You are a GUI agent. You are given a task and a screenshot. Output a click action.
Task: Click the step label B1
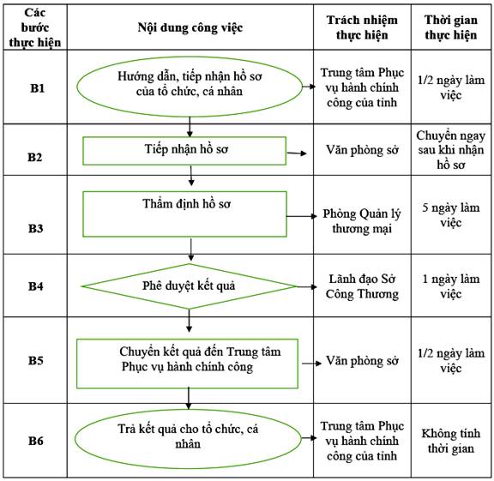point(37,88)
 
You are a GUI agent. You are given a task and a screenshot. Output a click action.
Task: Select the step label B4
point(36,286)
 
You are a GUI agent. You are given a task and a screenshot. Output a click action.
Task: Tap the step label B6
point(36,441)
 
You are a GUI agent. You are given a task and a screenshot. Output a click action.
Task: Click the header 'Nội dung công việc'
point(190,27)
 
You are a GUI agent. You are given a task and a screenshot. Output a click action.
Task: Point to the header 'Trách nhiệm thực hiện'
point(362,27)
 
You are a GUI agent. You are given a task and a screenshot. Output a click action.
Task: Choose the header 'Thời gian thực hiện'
point(451,27)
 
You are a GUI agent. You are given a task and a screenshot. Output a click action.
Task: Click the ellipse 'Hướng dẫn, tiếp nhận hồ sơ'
point(190,87)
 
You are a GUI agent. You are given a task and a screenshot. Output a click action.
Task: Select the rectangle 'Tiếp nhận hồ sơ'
point(184,151)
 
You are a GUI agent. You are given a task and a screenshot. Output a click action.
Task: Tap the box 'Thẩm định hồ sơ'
point(184,213)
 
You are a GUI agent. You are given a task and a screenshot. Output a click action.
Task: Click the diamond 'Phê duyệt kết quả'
point(189,286)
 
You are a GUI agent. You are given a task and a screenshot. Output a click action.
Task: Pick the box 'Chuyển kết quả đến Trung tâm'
point(188,364)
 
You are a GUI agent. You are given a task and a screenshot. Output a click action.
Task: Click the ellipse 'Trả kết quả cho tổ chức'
point(188,438)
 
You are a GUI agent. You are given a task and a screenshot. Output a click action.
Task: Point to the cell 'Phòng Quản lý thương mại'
point(362,221)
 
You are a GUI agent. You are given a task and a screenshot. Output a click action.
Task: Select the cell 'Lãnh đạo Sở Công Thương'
point(362,286)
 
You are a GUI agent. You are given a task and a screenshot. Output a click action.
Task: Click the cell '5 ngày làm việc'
point(451,215)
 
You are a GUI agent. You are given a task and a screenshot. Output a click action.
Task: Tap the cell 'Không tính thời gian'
point(451,441)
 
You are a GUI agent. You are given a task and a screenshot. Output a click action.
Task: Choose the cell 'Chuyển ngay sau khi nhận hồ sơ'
point(451,150)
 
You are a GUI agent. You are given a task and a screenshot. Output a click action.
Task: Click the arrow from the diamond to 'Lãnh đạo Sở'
point(306,286)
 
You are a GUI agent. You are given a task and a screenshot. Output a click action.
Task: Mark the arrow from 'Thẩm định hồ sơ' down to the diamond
point(190,250)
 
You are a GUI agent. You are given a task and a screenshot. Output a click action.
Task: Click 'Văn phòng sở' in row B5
point(362,361)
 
